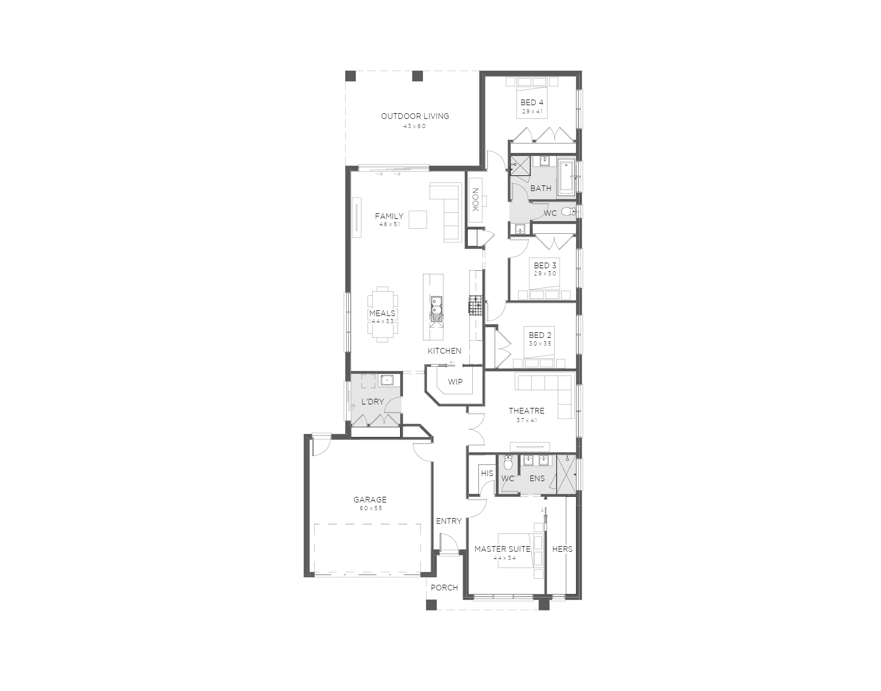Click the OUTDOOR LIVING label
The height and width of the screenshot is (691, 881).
coord(415,116)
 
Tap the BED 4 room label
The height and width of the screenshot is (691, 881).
coord(532,103)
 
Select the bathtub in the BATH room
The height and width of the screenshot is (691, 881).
coord(567,178)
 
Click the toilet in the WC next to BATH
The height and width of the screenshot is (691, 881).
coord(569,212)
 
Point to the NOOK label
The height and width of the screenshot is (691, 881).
coord(476,200)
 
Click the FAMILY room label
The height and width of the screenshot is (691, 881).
coord(389,216)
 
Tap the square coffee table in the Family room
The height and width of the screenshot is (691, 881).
coord(418,220)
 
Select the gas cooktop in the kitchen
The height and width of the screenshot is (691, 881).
coord(475,304)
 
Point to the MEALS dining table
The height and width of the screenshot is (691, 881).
coord(382,315)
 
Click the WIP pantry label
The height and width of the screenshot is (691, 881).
coord(455,382)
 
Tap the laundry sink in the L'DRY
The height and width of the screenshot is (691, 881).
coord(387,380)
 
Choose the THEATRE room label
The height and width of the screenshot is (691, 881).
coord(527,411)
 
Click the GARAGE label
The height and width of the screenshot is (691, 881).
coord(370,499)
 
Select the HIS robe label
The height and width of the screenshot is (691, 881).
coord(487,473)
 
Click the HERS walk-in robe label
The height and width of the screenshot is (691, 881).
coord(562,549)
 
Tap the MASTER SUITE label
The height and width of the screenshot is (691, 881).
coord(502,549)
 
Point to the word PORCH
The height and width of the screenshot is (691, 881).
coord(444,587)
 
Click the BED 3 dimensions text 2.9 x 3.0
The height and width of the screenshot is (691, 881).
coord(545,273)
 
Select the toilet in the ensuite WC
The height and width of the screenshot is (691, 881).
coord(508,464)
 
